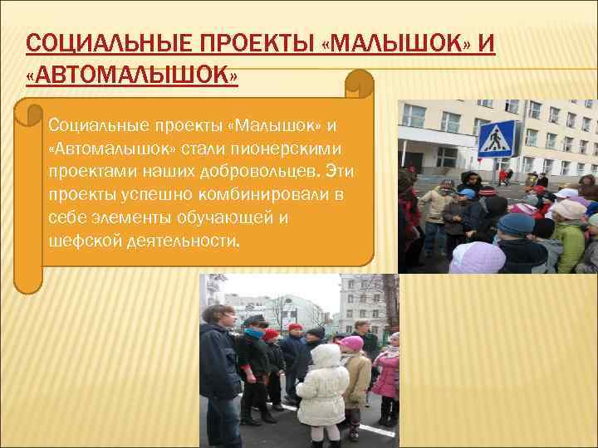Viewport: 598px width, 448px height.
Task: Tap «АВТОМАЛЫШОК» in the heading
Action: [x=132, y=76]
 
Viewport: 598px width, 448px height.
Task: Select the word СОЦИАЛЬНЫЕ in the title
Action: [x=108, y=42]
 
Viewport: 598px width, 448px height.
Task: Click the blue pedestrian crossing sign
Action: [x=497, y=139]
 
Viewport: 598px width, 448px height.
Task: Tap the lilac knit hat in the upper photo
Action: [x=477, y=257]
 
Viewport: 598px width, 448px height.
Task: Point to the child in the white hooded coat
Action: [x=321, y=386]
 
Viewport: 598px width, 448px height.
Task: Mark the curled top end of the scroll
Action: [x=359, y=83]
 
